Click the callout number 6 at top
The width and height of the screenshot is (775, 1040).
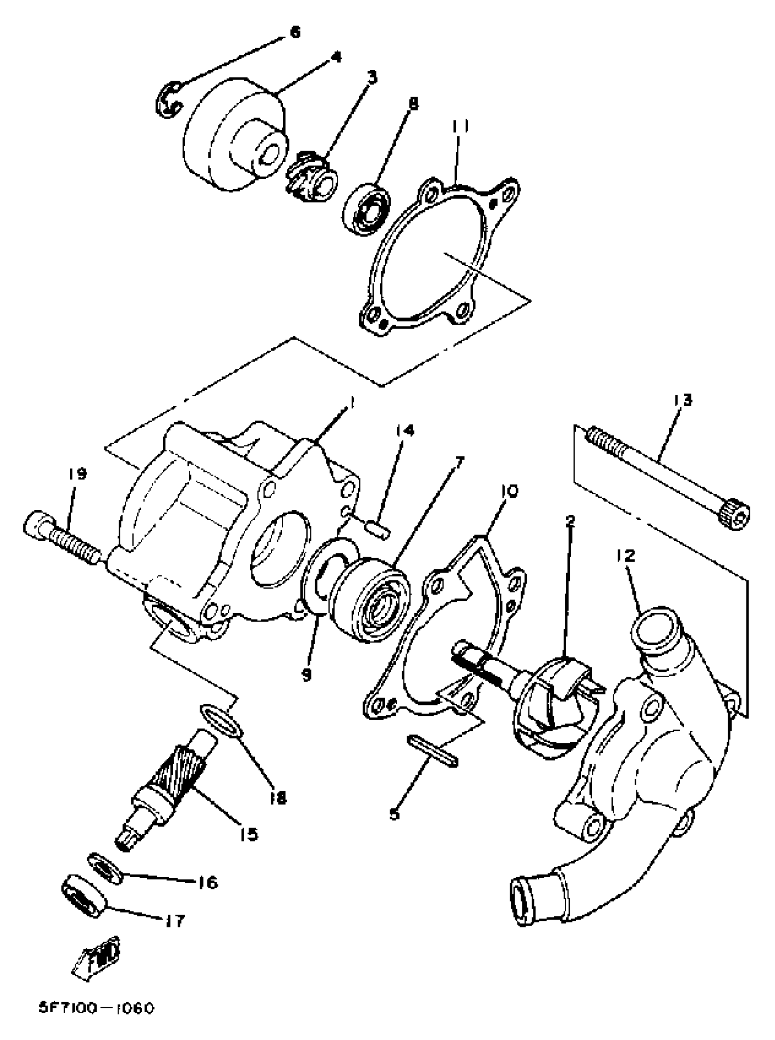click(294, 33)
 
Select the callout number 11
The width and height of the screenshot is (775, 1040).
click(461, 127)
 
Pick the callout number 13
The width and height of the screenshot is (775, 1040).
click(682, 400)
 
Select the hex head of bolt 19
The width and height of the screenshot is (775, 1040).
click(37, 524)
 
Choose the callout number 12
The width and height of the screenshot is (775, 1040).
click(626, 556)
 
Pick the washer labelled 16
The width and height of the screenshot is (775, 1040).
click(106, 869)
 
